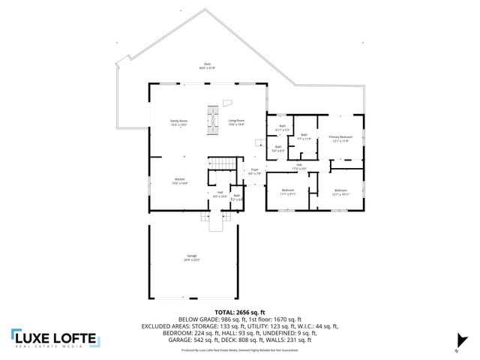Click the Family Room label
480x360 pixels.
point(178,121)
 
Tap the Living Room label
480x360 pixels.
point(236,121)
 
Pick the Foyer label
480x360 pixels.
point(254,171)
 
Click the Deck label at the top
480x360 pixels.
point(207,65)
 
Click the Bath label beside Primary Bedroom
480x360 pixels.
point(304,137)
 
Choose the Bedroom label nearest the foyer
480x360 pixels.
point(288,192)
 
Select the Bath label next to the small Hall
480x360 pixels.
point(236,198)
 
